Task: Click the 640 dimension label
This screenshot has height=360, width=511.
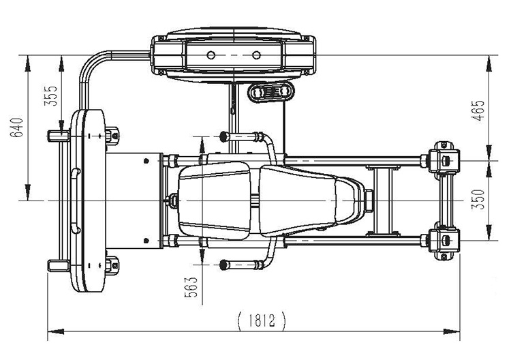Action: pyautogui.click(x=16, y=127)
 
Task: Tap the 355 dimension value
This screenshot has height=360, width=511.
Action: pyautogui.click(x=50, y=96)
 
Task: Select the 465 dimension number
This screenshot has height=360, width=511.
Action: pyautogui.click(x=479, y=110)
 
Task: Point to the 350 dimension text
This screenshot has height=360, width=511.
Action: pyautogui.click(x=479, y=200)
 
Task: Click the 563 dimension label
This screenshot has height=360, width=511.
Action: pyautogui.click(x=191, y=287)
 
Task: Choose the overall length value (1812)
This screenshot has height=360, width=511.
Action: pyautogui.click(x=262, y=320)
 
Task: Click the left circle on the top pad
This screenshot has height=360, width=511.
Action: pyautogui.click(x=211, y=55)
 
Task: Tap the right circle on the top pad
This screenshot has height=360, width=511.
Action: pyautogui.click(x=256, y=55)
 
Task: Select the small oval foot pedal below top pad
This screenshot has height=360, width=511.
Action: pyautogui.click(x=271, y=91)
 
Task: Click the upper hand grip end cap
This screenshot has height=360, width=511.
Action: pyautogui.click(x=223, y=136)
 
